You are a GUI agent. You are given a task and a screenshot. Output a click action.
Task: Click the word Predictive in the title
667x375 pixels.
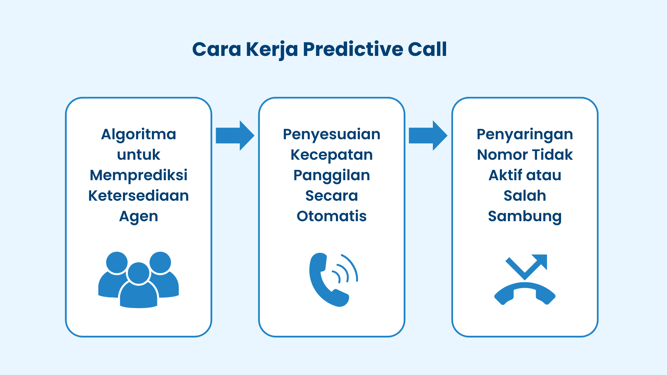(x=353, y=49)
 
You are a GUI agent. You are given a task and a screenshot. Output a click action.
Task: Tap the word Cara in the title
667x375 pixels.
(x=216, y=49)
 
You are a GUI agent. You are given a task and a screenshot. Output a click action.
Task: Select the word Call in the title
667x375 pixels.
(x=427, y=49)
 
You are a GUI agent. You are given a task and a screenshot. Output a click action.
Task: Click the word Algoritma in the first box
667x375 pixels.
(x=139, y=134)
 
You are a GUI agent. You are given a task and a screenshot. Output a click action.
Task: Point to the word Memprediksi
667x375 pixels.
(x=139, y=175)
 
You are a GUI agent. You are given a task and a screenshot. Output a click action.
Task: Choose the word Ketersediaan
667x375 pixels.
(x=139, y=196)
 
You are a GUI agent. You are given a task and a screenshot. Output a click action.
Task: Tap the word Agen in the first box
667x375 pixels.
(x=139, y=217)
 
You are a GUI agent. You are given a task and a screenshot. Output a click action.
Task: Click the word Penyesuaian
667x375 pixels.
(x=331, y=134)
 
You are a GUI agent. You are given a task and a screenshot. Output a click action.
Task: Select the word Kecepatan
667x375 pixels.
(x=331, y=155)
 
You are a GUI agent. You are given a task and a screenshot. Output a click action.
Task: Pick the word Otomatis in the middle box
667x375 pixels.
(x=331, y=216)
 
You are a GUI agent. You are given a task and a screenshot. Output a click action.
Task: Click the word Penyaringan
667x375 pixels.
(x=525, y=134)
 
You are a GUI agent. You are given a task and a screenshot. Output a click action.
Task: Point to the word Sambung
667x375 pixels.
(x=525, y=216)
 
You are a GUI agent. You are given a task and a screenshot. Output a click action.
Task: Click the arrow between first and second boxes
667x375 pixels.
(x=235, y=135)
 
